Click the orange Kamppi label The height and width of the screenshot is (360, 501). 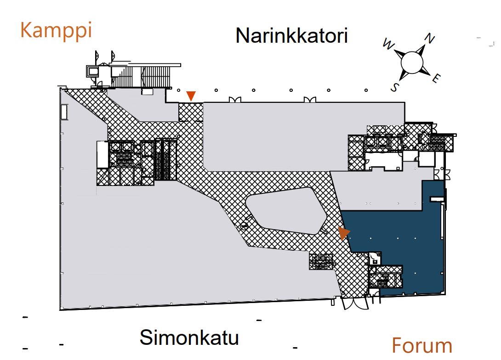tap(57, 30)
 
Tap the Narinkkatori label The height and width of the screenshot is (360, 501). tap(291, 35)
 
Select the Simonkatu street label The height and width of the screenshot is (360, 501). tap(189, 338)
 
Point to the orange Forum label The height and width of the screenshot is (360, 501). tap(421, 346)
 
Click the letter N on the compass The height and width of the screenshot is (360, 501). tap(429, 39)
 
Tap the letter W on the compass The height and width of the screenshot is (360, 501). tap(388, 45)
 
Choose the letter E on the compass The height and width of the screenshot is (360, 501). tap(435, 79)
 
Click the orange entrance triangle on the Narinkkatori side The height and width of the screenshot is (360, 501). tap(191, 96)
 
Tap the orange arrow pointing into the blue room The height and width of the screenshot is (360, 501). tap(343, 233)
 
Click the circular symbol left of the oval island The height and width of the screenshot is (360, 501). tap(244, 225)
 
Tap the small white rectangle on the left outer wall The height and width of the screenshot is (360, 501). tap(64, 112)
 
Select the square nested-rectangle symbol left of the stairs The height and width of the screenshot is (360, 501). tap(93, 71)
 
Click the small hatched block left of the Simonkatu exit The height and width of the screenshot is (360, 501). tap(321, 262)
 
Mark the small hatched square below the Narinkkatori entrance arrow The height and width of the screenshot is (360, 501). tap(190, 112)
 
